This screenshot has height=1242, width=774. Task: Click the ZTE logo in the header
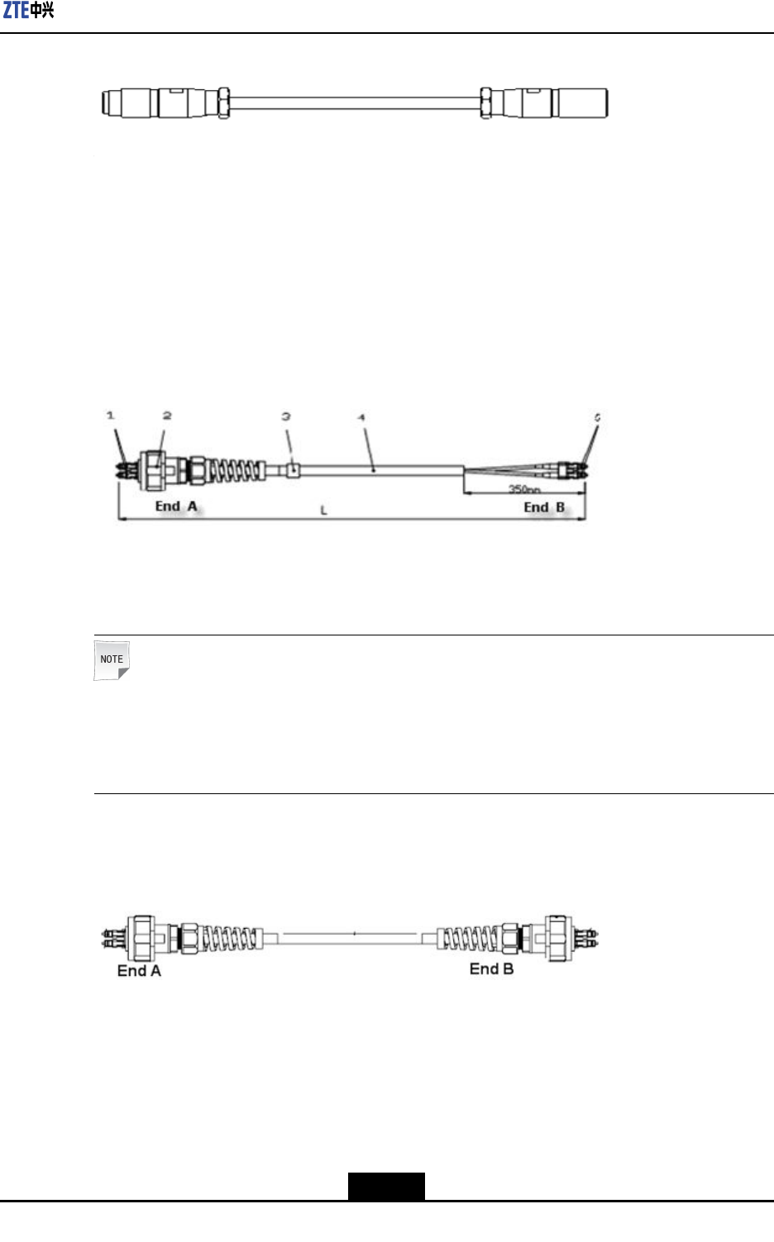pyautogui.click(x=28, y=11)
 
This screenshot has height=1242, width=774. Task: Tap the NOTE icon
pyautogui.click(x=112, y=660)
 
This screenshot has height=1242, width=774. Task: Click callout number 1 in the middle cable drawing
pyautogui.click(x=110, y=415)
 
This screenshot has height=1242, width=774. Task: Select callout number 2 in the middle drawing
pyautogui.click(x=167, y=415)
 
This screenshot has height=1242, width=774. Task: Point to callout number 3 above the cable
pyautogui.click(x=286, y=416)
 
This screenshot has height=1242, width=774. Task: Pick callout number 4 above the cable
pyautogui.click(x=361, y=417)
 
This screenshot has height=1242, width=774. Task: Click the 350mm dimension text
pyautogui.click(x=524, y=490)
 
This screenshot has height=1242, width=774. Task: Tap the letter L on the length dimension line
pyautogui.click(x=324, y=511)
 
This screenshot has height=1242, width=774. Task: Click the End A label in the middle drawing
pyautogui.click(x=176, y=506)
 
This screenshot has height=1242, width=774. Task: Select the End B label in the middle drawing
pyautogui.click(x=544, y=507)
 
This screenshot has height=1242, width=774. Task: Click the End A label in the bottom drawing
pyautogui.click(x=139, y=971)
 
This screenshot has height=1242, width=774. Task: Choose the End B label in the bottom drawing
pyautogui.click(x=491, y=968)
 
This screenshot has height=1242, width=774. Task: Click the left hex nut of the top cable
pyautogui.click(x=223, y=103)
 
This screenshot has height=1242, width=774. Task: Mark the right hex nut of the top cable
pyautogui.click(x=486, y=103)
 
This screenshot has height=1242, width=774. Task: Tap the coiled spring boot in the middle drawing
pyautogui.click(x=235, y=471)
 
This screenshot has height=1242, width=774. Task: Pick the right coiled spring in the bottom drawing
pyautogui.click(x=467, y=938)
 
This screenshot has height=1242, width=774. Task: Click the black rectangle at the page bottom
pyautogui.click(x=385, y=1186)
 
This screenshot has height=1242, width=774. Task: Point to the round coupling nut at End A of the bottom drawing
pyautogui.click(x=142, y=938)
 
